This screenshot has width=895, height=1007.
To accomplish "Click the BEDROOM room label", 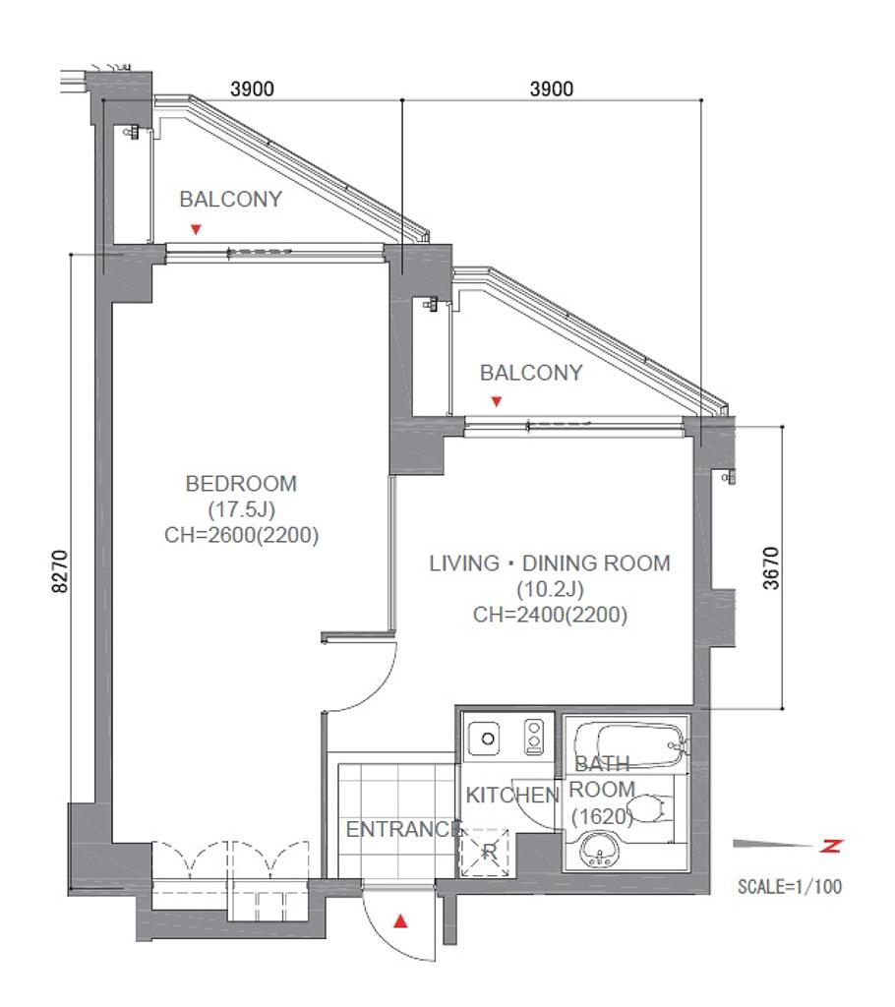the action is pyautogui.click(x=241, y=483).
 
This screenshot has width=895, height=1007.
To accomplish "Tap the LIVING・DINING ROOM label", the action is pyautogui.click(x=550, y=563).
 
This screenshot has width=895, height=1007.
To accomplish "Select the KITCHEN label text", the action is pyautogui.click(x=512, y=795).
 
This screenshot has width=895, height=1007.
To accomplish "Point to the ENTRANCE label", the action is pyautogui.click(x=403, y=829).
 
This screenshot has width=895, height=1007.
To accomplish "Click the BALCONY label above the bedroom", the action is pyautogui.click(x=231, y=199).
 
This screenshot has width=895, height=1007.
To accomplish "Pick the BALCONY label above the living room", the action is pyautogui.click(x=531, y=373).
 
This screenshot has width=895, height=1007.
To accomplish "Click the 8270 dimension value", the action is pyautogui.click(x=60, y=571).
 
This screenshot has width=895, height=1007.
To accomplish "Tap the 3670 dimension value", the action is pyautogui.click(x=771, y=567).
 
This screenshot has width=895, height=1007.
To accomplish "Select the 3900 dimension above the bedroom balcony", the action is pyautogui.click(x=253, y=89).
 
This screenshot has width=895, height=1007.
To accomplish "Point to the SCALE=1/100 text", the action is pyautogui.click(x=790, y=887).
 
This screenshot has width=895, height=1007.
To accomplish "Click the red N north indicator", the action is pyautogui.click(x=831, y=846).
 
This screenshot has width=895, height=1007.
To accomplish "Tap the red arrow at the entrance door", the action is pyautogui.click(x=400, y=921).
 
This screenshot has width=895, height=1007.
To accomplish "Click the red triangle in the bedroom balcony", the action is pyautogui.click(x=196, y=229).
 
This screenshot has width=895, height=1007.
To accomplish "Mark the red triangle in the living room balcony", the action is pyautogui.click(x=496, y=401).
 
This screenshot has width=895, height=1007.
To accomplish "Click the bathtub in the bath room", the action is pyautogui.click(x=629, y=745).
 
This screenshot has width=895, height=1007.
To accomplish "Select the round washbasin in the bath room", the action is pyautogui.click(x=600, y=849).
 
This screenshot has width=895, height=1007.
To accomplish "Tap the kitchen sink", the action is pyautogui.click(x=488, y=739).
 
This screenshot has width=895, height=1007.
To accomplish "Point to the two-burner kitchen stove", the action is pyautogui.click(x=534, y=736).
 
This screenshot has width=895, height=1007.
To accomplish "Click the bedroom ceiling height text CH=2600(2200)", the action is pyautogui.click(x=242, y=534).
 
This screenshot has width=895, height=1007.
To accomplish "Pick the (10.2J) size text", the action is pyautogui.click(x=550, y=589).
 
